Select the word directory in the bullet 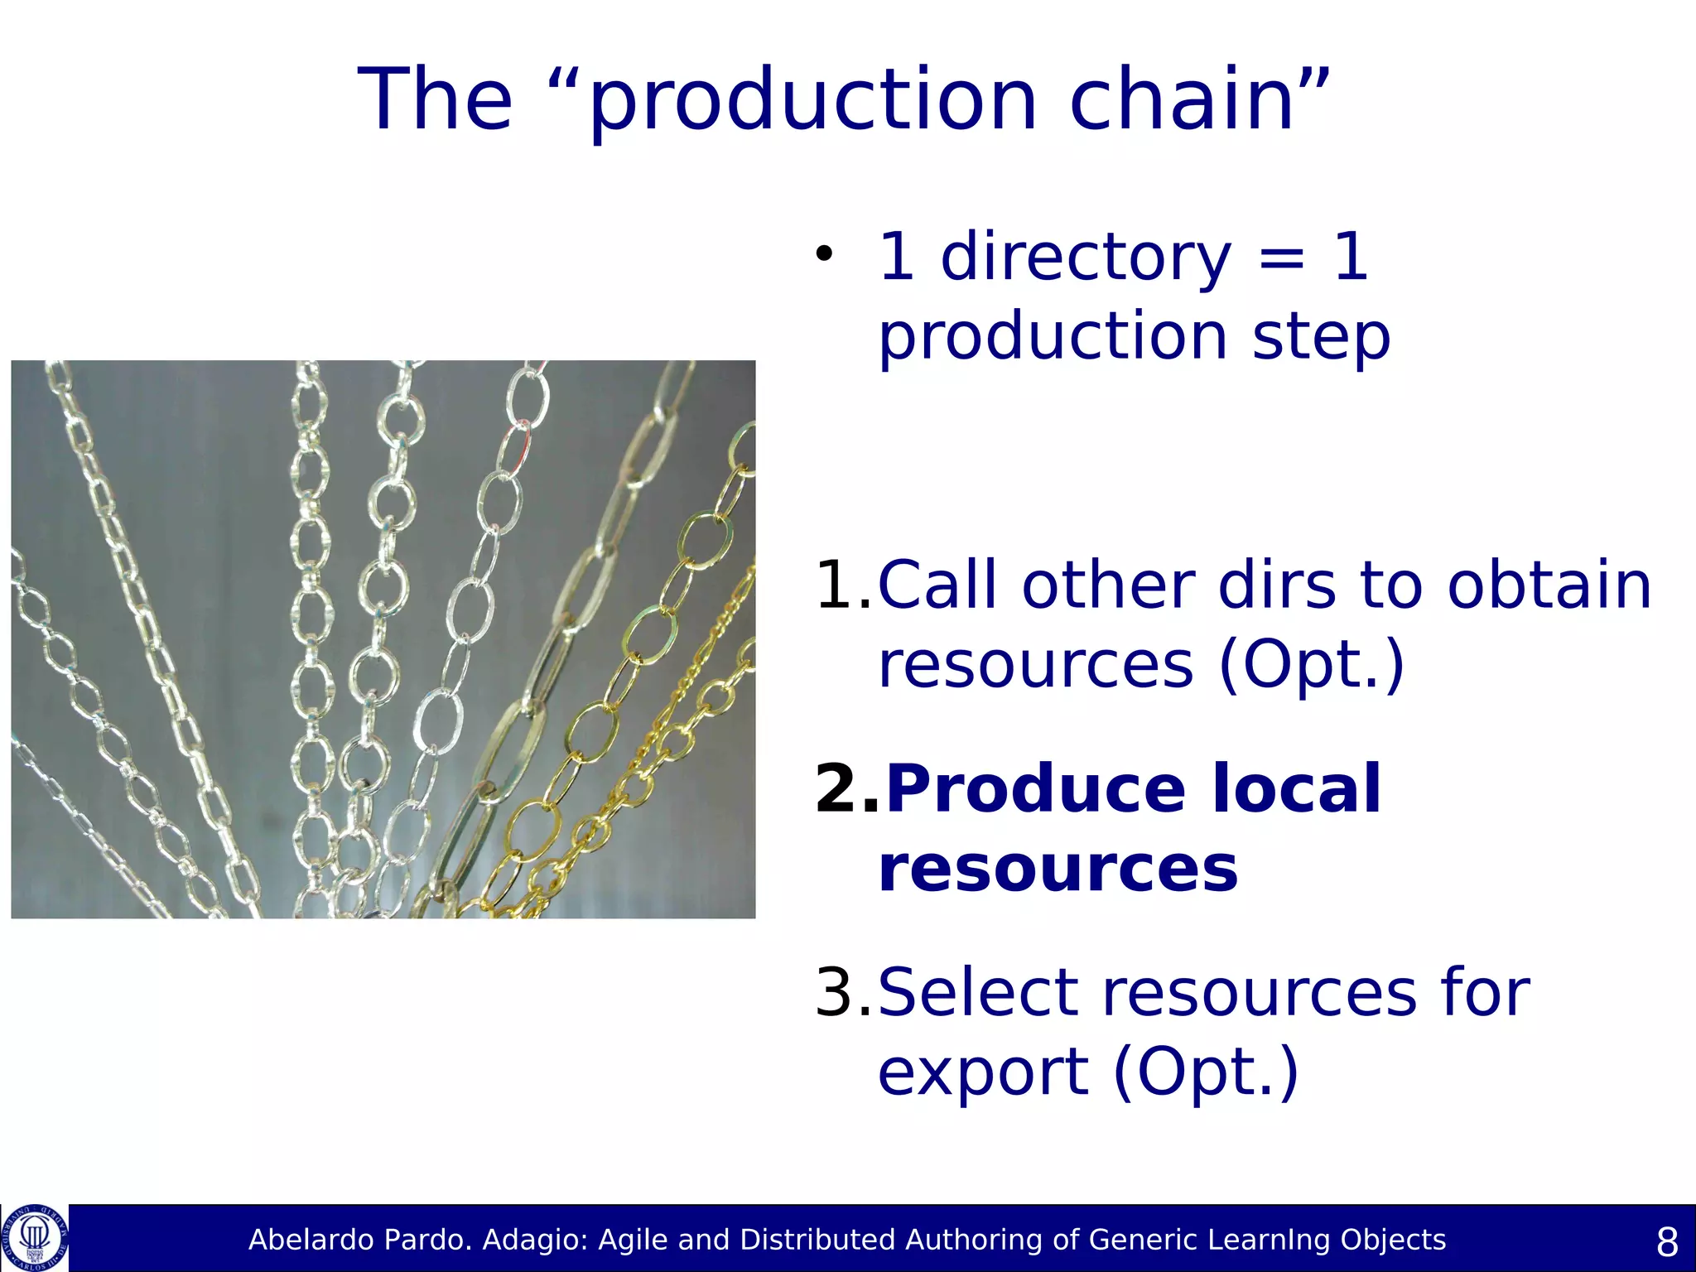1086,258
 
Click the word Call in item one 937,585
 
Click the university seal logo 35,1238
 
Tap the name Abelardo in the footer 301,1240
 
